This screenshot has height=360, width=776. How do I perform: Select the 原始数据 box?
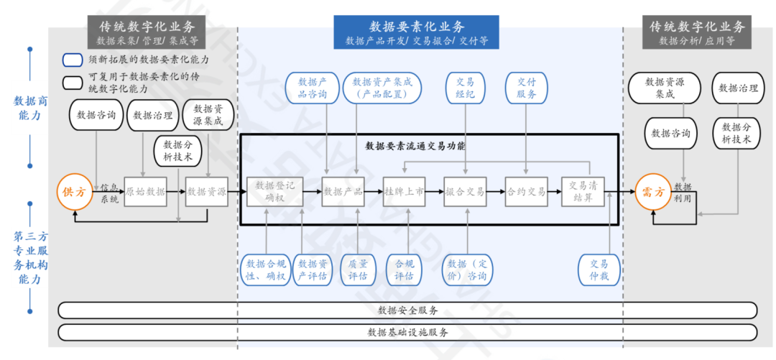[145, 192]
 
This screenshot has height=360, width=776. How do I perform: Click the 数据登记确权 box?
[274, 191]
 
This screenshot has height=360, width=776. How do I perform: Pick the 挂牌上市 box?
[404, 192]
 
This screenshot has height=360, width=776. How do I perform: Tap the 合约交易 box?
[527, 192]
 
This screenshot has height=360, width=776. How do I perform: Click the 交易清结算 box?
[583, 191]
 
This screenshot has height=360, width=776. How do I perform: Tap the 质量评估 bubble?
[358, 269]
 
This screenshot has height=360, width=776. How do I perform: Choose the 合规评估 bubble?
[404, 269]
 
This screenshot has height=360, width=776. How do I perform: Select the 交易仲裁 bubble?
[599, 269]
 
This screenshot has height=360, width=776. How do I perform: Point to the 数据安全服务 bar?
[407, 310]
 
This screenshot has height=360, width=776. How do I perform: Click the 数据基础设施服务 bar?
[407, 333]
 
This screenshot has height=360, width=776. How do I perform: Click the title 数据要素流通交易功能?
[415, 145]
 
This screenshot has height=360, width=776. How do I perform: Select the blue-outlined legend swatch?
[73, 60]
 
